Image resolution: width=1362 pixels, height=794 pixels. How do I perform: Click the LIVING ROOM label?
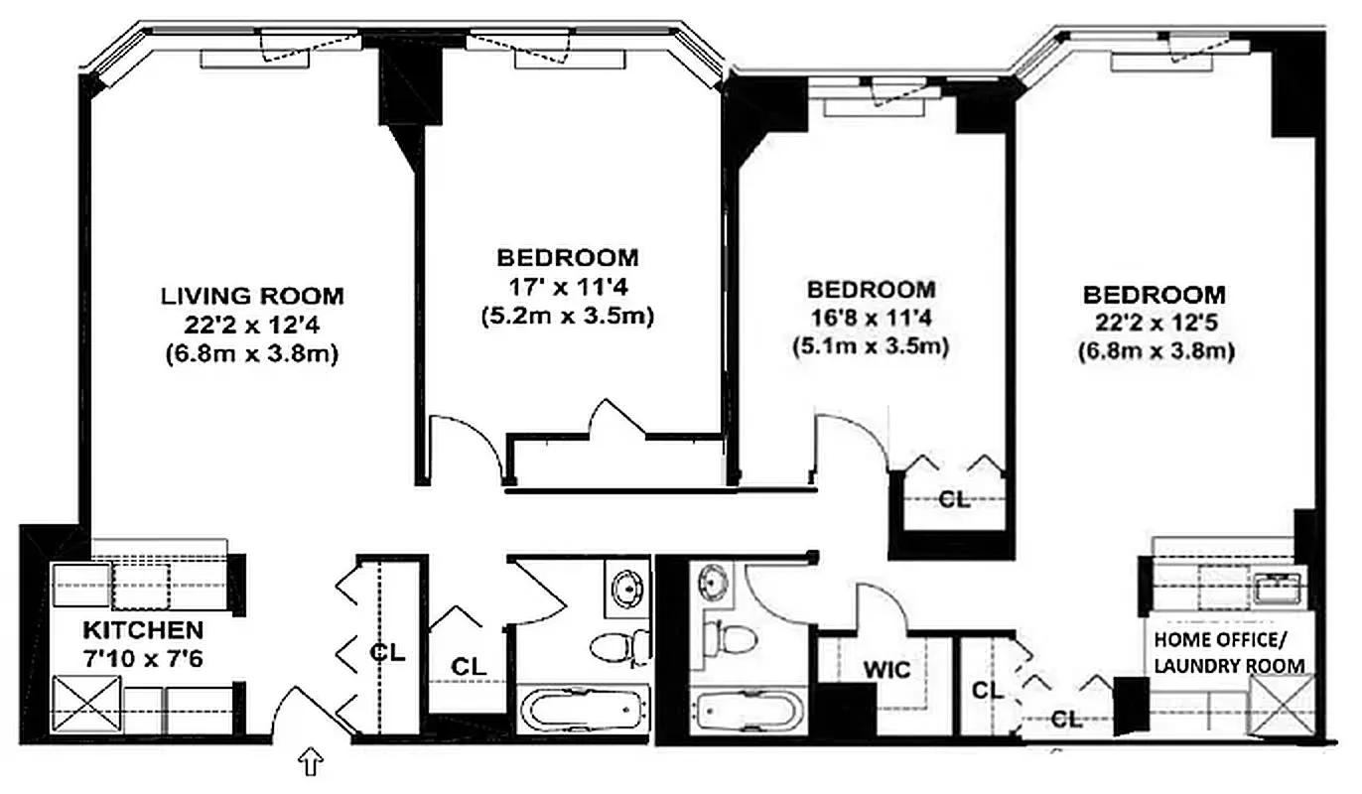pyautogui.click(x=253, y=295)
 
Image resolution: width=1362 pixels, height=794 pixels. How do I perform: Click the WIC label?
pyautogui.click(x=886, y=670)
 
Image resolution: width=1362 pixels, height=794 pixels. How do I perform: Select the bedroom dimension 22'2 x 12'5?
pyautogui.click(x=1155, y=323)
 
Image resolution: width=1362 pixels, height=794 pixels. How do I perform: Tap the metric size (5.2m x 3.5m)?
pyautogui.click(x=567, y=317)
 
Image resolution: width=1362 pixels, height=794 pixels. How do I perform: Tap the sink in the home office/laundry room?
pyautogui.click(x=1276, y=589)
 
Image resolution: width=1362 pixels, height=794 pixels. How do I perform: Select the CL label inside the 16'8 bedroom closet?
pyautogui.click(x=954, y=500)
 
